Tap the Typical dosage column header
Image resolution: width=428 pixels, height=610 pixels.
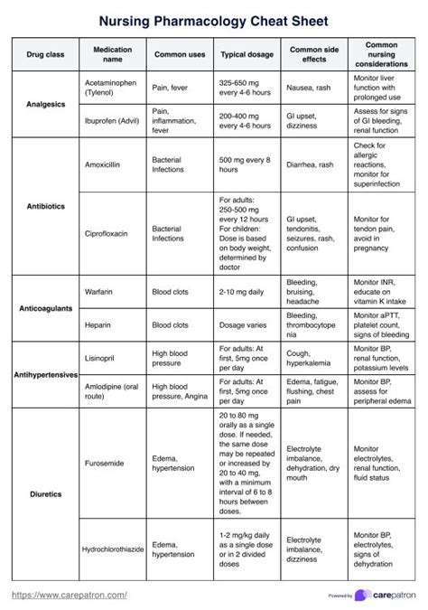(x=247, y=55)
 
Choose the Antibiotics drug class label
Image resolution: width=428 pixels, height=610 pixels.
(x=41, y=206)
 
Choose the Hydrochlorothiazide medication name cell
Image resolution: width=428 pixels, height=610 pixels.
(x=112, y=549)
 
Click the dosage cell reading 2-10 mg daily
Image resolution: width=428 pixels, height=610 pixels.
(x=245, y=292)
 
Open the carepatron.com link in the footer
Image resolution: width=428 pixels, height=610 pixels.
(x=69, y=595)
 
